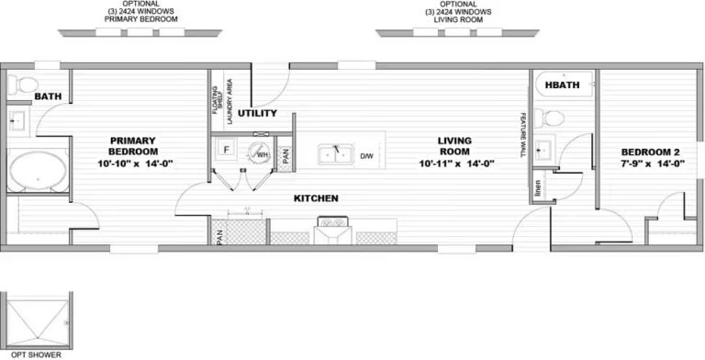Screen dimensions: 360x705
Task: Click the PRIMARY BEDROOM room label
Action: point(134,145)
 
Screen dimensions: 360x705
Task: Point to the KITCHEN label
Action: point(316,198)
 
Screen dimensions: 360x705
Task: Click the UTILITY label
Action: point(257,114)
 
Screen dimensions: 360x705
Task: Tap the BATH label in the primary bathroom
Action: point(47,96)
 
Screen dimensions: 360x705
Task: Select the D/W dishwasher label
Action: point(367,155)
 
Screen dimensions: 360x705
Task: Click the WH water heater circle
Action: point(262,154)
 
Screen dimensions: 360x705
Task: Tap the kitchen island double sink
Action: point(336,153)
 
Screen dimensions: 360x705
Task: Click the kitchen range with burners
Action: point(330,224)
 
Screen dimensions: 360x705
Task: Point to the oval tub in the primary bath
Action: point(37,171)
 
